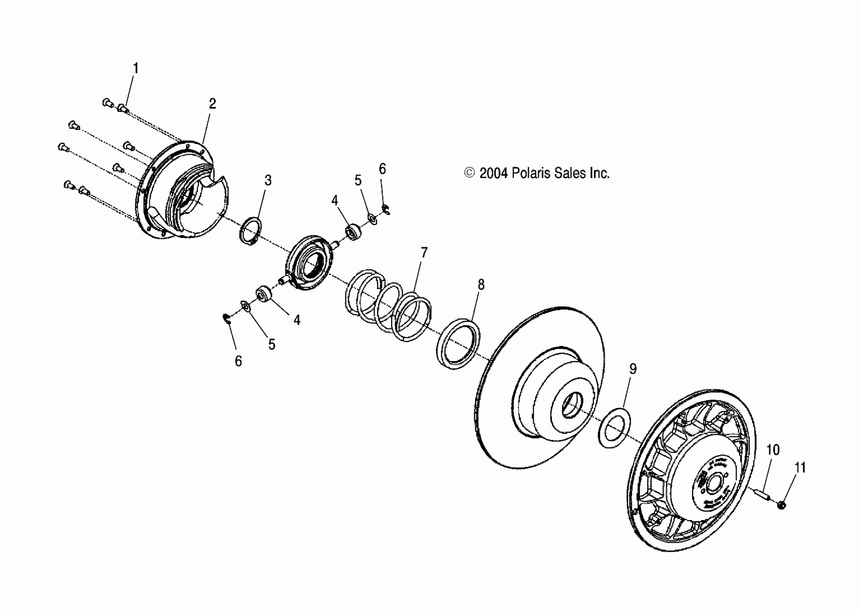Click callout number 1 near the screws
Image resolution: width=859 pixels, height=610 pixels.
coord(136,69)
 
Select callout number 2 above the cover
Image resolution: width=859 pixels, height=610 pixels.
coord(213,104)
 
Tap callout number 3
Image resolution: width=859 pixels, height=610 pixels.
coord(268,180)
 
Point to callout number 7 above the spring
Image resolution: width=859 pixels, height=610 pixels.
coord(424,252)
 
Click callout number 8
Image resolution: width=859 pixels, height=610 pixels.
coord(481,285)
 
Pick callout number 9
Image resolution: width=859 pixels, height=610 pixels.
coord(633,369)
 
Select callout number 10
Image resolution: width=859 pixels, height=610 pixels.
coord(773,450)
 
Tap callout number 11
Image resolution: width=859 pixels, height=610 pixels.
coord(800,468)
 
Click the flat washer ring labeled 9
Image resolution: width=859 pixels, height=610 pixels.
coord(614,428)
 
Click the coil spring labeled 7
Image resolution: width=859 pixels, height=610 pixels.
coord(388,304)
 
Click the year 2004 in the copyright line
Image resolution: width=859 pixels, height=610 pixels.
coord(493,173)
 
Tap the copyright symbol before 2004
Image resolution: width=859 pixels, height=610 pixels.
coord(469,173)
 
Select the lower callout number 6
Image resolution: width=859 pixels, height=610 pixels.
coord(238,361)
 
